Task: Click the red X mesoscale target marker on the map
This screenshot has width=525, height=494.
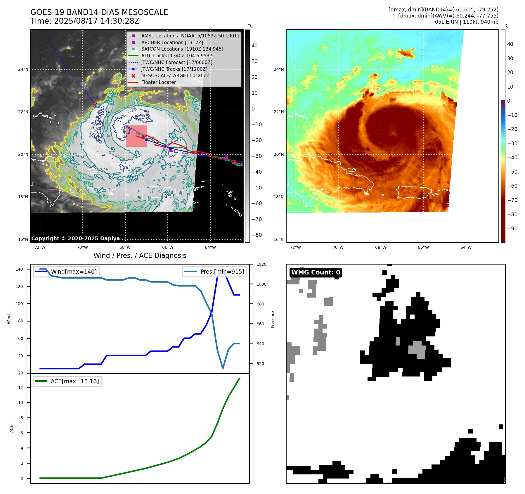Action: [x=95, y=105]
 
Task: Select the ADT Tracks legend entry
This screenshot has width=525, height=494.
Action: [x=178, y=56]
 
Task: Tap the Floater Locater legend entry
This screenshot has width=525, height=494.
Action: [x=158, y=82]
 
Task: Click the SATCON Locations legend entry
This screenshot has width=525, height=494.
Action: [x=182, y=49]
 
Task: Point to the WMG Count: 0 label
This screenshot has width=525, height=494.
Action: [x=316, y=272]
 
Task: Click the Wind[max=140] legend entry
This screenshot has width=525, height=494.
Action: [x=74, y=272]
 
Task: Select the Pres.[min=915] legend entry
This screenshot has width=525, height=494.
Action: [x=222, y=272]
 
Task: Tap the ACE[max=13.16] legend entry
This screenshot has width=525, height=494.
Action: [x=74, y=381]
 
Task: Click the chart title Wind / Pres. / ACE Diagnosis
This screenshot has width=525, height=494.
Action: [x=140, y=255]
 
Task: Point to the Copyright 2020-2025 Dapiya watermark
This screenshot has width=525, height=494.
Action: [x=75, y=239]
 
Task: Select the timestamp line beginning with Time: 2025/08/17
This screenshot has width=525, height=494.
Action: [x=85, y=21]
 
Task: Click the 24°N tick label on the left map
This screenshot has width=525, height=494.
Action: [x=23, y=69]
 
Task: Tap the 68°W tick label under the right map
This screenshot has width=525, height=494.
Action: [x=381, y=247]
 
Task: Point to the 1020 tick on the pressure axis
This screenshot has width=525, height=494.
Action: [x=261, y=264]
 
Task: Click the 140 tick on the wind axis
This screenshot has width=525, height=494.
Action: [x=19, y=269]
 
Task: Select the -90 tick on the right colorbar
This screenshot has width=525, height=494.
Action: [x=512, y=229]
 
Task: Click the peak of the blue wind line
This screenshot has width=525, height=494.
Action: [x=223, y=269]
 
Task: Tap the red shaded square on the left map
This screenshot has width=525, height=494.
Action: [x=136, y=136]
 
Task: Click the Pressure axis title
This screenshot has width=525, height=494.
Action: [x=273, y=319]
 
